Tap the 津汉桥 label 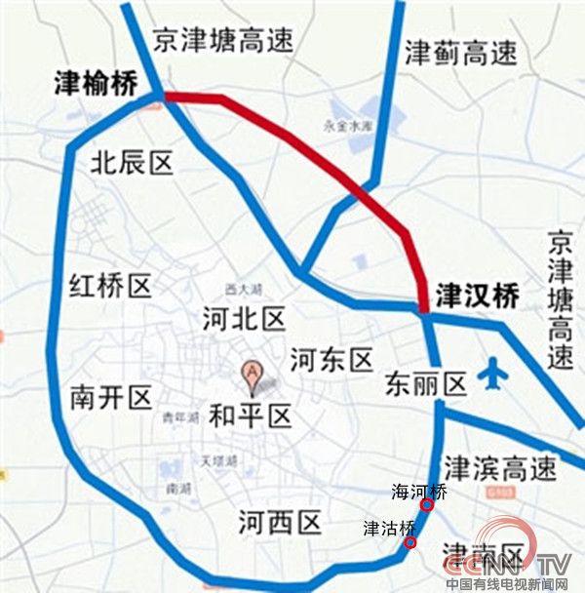(x=478, y=296)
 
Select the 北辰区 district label (x=132, y=162)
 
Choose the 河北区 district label (x=243, y=319)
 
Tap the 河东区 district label (x=332, y=362)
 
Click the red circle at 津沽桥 (x=411, y=543)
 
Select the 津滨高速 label (x=499, y=469)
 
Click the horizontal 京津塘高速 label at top (x=223, y=39)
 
